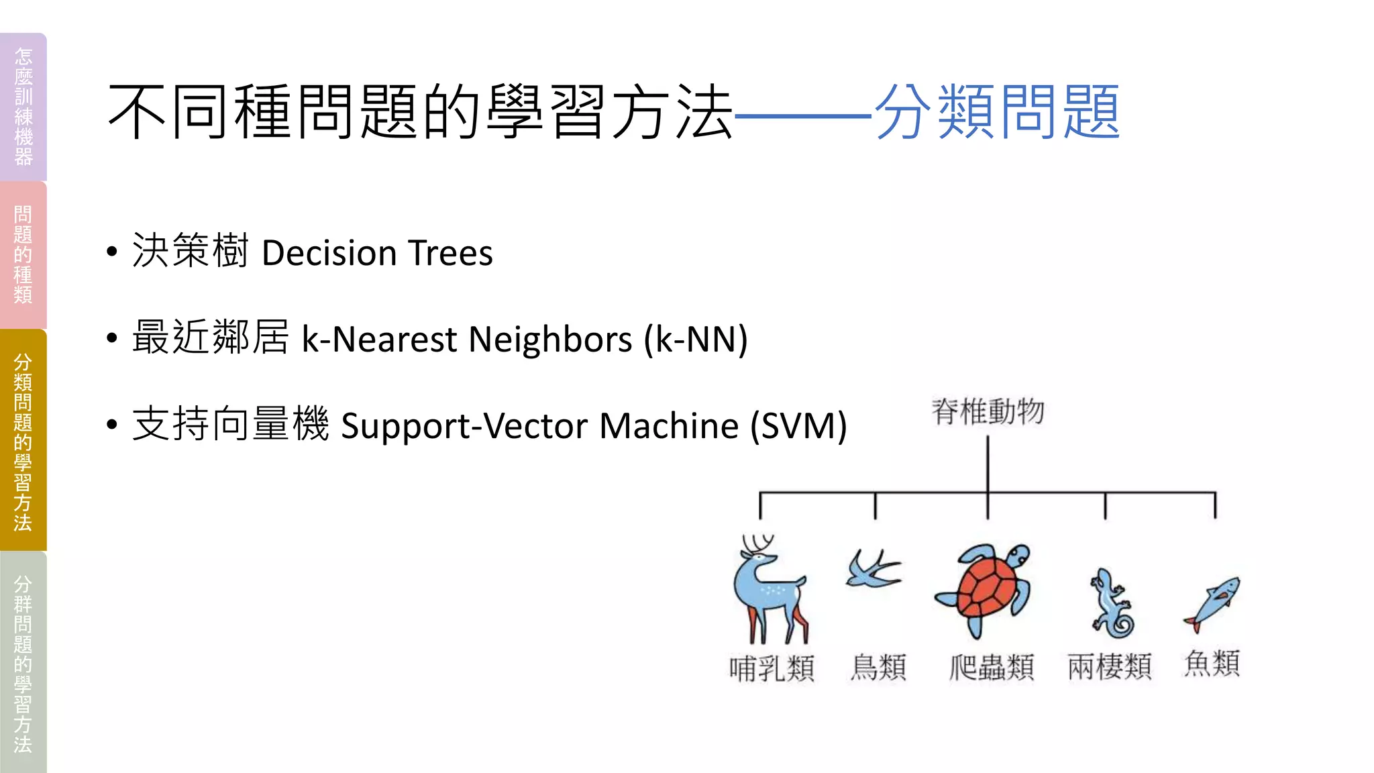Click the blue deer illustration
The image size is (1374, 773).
(x=770, y=590)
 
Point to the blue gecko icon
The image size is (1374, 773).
(x=1111, y=604)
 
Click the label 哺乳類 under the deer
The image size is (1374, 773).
(x=772, y=668)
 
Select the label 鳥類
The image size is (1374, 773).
(x=878, y=667)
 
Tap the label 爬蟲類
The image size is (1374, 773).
(x=992, y=667)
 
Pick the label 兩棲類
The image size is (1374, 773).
(x=1110, y=667)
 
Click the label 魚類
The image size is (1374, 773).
(x=1212, y=663)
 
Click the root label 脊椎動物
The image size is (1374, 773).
(x=988, y=411)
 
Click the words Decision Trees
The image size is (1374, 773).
(x=377, y=254)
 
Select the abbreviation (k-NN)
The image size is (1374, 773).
(x=695, y=339)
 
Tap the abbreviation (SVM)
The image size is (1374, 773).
(x=798, y=425)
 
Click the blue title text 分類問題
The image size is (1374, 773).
(x=998, y=112)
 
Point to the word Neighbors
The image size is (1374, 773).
(x=550, y=339)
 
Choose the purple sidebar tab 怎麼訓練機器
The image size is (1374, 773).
(x=23, y=107)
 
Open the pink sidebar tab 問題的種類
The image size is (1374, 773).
(x=23, y=255)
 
